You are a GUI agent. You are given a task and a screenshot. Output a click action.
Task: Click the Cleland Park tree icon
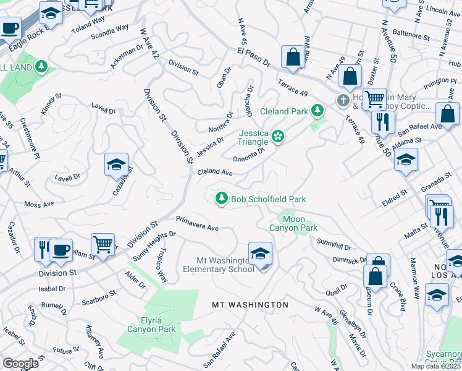tap(317, 111)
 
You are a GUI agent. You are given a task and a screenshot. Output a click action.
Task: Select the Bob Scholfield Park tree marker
tap(220, 198)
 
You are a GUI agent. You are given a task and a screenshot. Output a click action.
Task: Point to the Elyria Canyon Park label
tap(151, 325)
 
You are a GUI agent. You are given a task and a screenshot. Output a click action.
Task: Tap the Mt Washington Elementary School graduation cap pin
tap(261, 254)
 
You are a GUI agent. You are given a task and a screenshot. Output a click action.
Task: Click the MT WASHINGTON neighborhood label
tap(250, 305)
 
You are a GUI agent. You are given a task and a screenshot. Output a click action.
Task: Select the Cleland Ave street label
tap(214, 173)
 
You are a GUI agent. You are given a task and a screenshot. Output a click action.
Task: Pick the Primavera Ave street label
tap(197, 223)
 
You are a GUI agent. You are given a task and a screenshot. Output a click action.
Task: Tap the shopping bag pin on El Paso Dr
tap(293, 57)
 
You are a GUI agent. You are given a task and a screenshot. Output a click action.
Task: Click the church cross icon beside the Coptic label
tap(343, 100)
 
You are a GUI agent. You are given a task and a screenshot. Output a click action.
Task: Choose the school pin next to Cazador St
tap(116, 165)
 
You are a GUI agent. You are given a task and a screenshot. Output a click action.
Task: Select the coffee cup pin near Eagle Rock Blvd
tap(10, 28)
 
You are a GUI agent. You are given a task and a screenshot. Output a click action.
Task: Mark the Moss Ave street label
tap(39, 204)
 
